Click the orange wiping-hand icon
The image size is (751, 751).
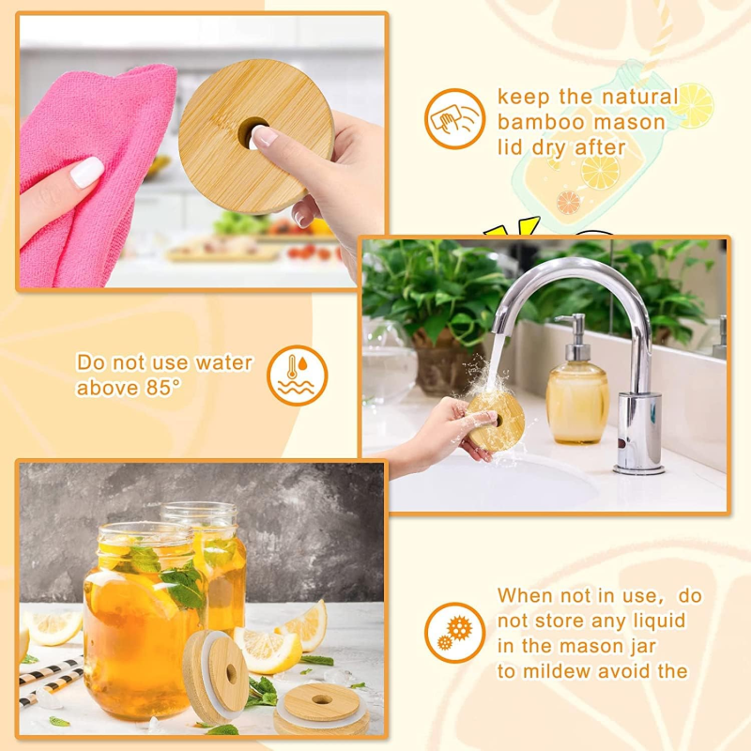(454, 119)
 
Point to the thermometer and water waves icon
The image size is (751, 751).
(298, 375)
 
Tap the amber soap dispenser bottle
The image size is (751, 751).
(576, 399)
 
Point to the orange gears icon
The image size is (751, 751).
(454, 633)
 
